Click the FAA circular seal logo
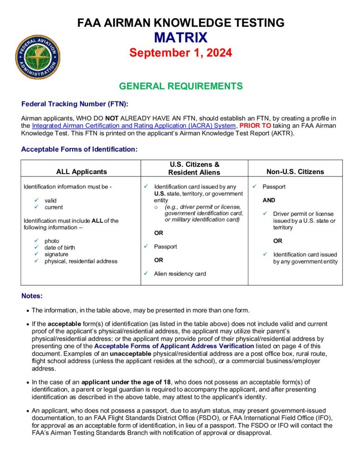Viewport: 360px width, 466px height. click(38, 57)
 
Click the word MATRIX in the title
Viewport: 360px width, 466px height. click(180, 38)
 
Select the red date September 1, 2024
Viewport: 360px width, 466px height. click(180, 52)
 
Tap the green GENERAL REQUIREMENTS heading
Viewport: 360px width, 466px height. click(180, 86)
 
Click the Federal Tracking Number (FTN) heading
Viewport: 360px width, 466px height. click(75, 104)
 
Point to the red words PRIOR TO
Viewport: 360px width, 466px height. click(256, 126)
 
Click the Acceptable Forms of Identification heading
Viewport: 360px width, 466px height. click(79, 150)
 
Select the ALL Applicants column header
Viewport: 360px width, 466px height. click(82, 172)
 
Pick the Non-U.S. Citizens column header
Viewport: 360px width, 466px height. click(295, 172)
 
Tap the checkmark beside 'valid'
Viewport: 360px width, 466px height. click(37, 201)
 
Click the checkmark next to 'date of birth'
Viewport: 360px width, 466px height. click(37, 248)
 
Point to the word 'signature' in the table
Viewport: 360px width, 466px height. click(57, 254)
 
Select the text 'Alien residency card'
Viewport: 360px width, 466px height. click(180, 274)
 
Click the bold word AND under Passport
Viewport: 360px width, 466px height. click(269, 201)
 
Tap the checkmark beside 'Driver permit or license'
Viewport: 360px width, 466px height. click(265, 214)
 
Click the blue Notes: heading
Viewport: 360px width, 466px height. click(32, 296)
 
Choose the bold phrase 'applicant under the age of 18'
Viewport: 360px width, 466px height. click(126, 382)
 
